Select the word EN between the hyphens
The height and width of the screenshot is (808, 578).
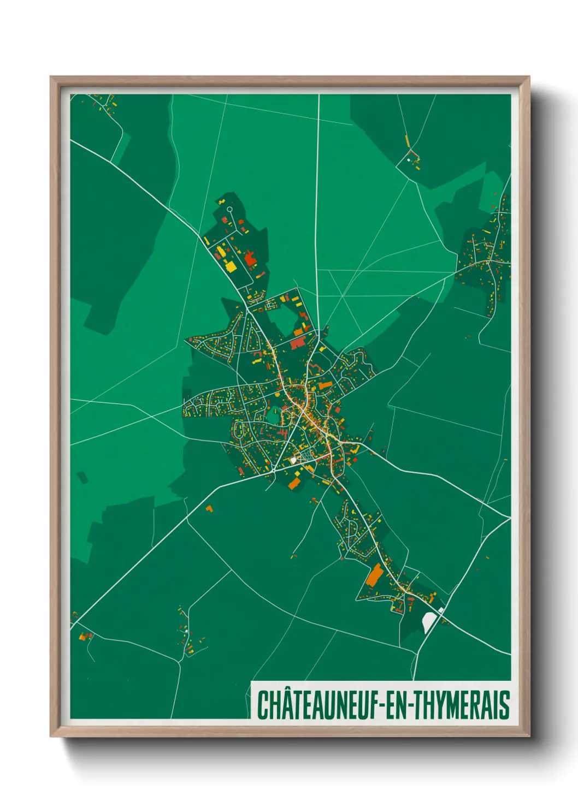tap(399, 705)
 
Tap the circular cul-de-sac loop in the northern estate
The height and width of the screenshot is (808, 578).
tap(229, 209)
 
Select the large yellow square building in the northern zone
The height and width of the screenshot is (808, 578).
tap(231, 266)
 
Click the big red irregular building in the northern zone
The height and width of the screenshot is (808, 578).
tap(250, 259)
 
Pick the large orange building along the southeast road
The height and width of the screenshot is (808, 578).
tap(374, 575)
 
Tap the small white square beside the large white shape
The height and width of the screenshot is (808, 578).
tap(441, 610)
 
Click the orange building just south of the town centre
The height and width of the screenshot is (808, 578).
tap(294, 483)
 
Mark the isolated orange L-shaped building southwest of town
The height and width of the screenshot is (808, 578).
tap(209, 509)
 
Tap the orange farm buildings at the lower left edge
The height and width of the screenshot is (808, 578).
tap(84, 636)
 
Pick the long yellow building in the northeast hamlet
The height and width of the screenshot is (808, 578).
tap(407, 141)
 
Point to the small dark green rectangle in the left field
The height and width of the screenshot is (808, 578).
tap(82, 477)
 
